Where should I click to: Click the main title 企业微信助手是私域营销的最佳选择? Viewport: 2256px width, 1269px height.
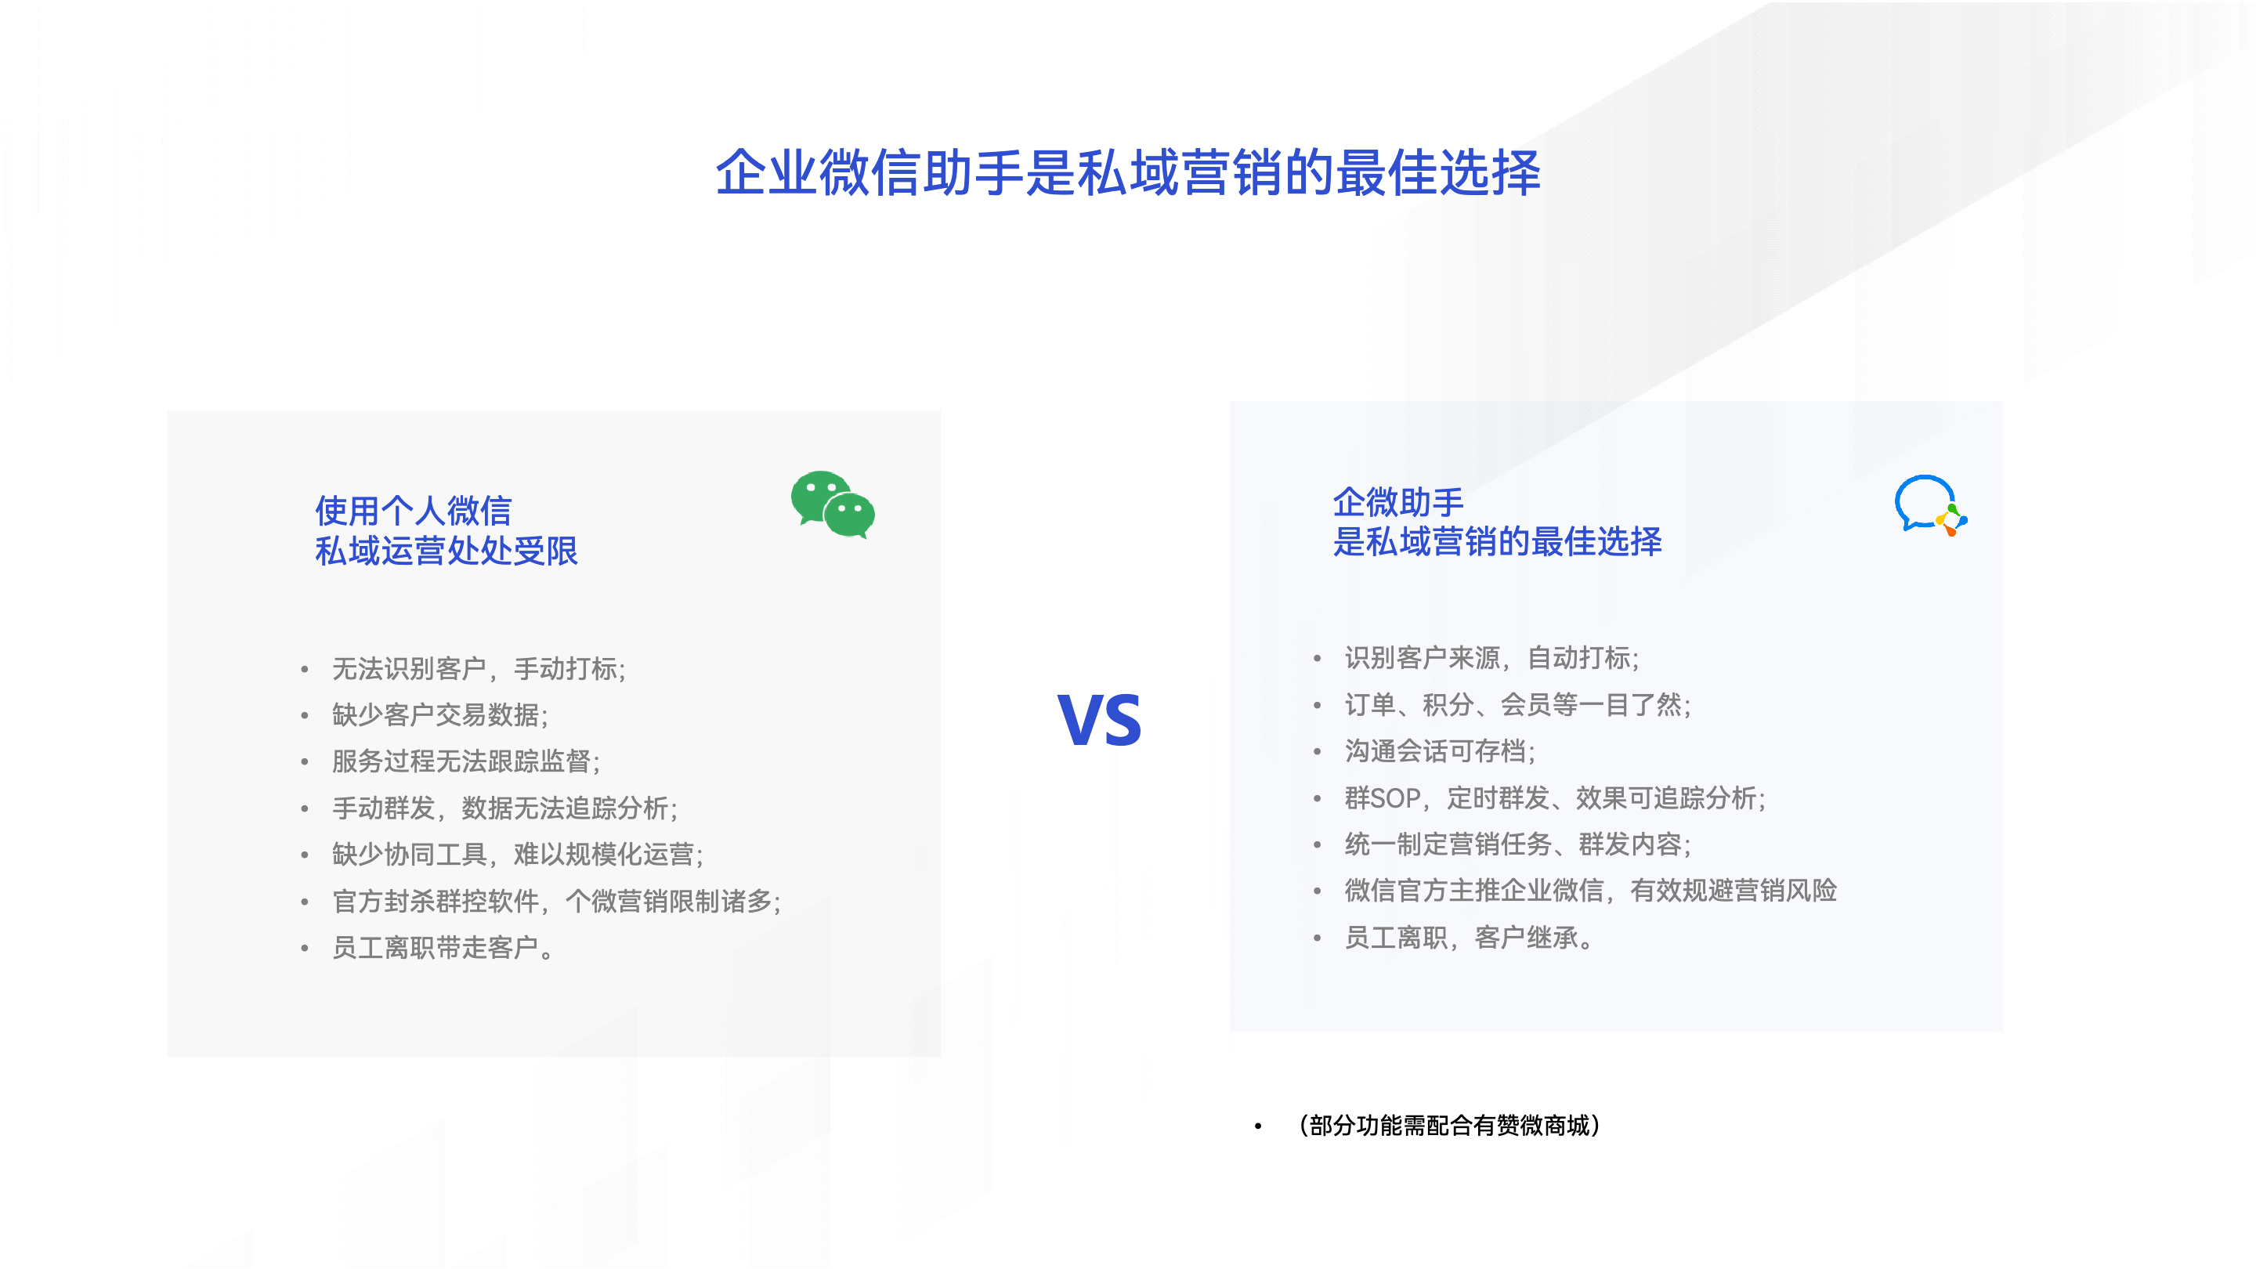(x=1128, y=172)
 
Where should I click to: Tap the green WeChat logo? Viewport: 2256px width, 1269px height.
(x=833, y=504)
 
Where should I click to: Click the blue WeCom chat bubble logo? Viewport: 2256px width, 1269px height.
(x=1930, y=505)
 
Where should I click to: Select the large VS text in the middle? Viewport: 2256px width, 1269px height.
(x=1099, y=720)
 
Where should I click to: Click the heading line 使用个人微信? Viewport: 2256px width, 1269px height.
(x=414, y=510)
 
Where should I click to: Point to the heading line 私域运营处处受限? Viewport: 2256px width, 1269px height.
(x=446, y=550)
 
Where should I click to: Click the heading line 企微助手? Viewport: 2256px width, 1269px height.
(x=1398, y=502)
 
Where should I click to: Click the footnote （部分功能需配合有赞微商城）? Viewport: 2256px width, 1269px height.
(x=1449, y=1126)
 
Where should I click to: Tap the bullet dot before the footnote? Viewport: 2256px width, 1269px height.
(x=1257, y=1126)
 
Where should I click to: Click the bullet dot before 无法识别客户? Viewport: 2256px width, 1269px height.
(x=304, y=669)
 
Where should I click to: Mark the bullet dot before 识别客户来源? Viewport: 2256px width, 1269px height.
(x=1316, y=658)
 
